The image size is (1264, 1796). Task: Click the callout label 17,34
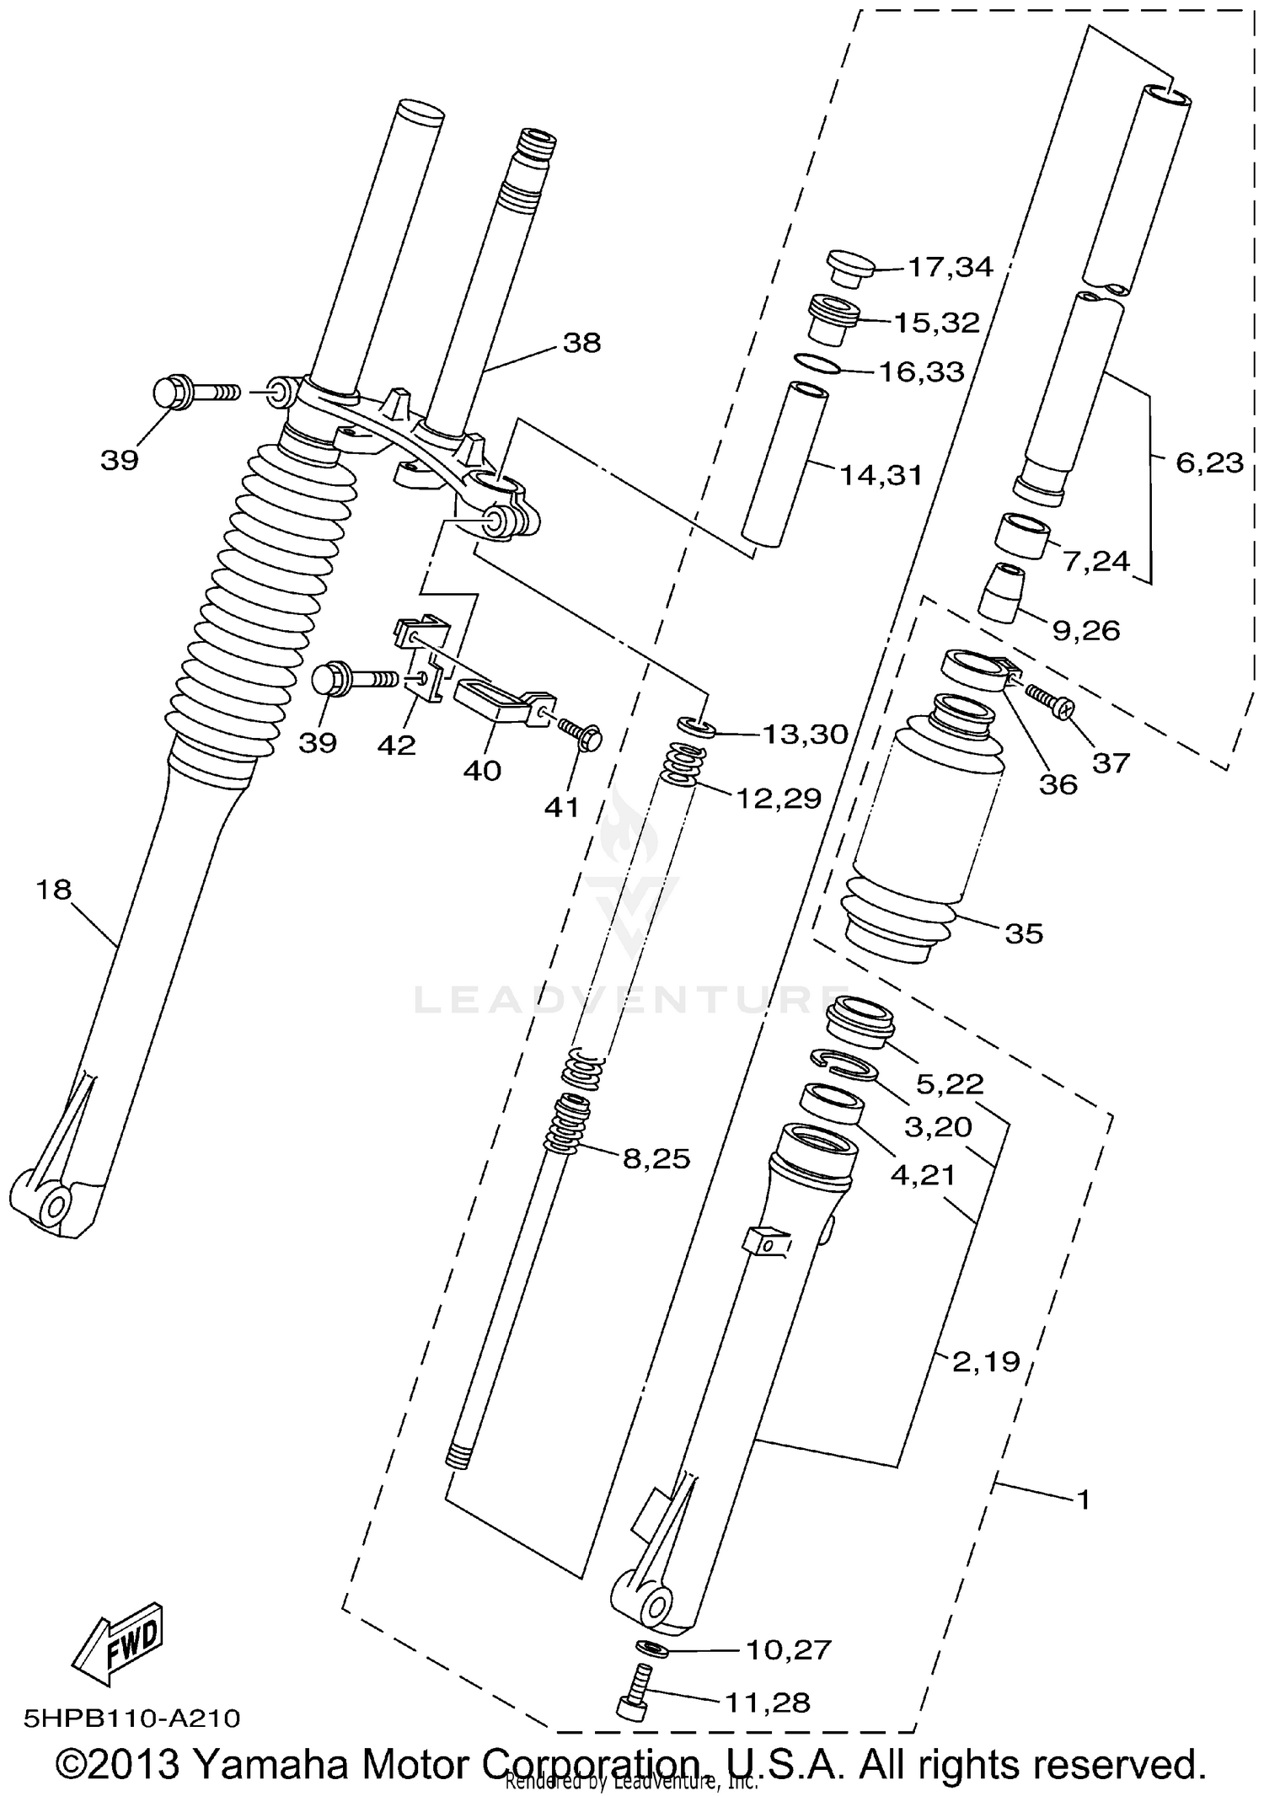949,267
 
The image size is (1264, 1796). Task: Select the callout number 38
581,343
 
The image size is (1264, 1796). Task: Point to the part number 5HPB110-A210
132,1718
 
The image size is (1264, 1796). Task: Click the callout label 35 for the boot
1024,933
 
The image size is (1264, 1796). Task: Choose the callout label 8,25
656,1159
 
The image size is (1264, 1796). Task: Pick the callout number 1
1084,1500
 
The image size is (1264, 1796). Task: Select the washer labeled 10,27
649,1647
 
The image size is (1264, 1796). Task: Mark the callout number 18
54,890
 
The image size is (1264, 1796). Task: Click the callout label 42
396,745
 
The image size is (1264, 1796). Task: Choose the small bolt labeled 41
581,733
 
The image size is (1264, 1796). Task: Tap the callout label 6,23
1209,462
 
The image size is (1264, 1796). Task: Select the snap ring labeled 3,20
844,1063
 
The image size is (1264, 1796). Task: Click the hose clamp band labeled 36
973,669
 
